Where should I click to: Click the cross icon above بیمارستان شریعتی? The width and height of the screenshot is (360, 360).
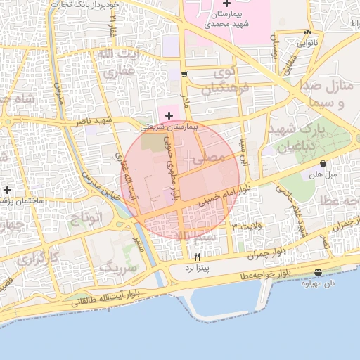point(168,115)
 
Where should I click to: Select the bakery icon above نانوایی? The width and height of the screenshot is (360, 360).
point(307,32)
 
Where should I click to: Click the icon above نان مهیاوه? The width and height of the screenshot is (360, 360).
point(319,271)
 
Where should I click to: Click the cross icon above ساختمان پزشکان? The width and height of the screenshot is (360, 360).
point(7,190)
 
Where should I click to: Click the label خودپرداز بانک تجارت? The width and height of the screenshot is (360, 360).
point(88,4)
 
